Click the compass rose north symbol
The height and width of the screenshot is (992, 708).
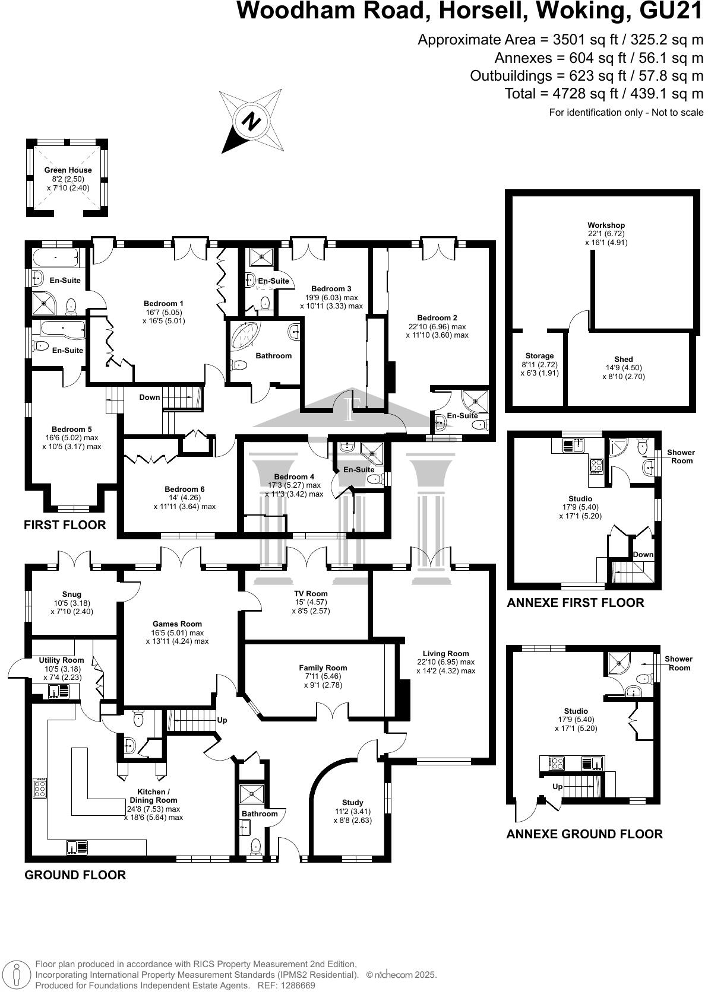[x=252, y=121]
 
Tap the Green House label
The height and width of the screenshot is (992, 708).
[x=68, y=170]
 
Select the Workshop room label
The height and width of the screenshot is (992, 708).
[x=606, y=225]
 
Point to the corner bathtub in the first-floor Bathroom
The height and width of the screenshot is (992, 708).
[x=245, y=336]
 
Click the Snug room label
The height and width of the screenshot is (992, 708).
[x=71, y=594]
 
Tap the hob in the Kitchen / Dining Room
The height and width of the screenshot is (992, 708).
[x=40, y=788]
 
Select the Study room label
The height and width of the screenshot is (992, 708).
[x=353, y=803]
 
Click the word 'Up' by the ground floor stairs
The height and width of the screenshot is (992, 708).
[x=222, y=720]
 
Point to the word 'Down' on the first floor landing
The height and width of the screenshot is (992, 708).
[x=150, y=398]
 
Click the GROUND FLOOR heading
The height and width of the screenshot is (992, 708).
[x=75, y=875]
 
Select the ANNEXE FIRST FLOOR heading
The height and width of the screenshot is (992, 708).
[x=575, y=603]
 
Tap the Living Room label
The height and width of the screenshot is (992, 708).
[x=445, y=654]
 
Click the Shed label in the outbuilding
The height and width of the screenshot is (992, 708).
[x=624, y=360]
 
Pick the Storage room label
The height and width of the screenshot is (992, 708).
[x=539, y=356]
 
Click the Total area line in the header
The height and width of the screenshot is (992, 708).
[x=604, y=94]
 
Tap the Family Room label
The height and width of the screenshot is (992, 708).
[x=323, y=668]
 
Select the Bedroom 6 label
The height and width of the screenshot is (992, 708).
[x=185, y=489]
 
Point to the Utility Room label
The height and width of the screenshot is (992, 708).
[x=62, y=660]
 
